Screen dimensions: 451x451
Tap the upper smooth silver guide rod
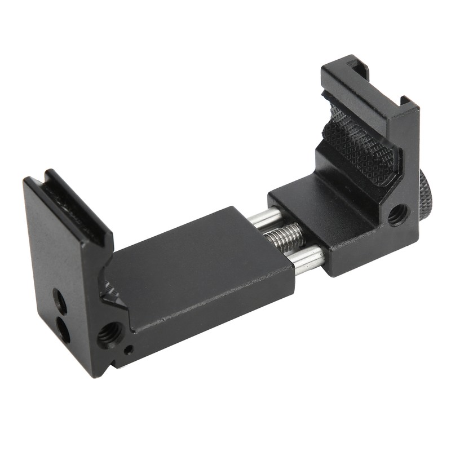265,218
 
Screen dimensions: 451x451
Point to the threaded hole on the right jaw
399,214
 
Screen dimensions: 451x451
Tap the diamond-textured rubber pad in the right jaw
361,147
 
